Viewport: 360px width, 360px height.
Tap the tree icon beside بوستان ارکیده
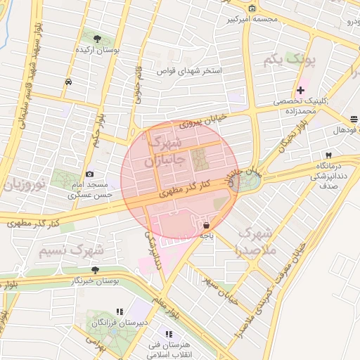pos(97,39)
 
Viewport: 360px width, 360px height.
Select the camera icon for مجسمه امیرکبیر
pos(252,8)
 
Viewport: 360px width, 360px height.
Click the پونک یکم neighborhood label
pos(289,61)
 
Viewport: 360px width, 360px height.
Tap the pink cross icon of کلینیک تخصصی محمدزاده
pos(301,90)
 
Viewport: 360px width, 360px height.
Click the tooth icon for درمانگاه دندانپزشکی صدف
pos(328,155)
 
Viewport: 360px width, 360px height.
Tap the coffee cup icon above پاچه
pos(207,226)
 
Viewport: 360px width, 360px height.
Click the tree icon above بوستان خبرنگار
pos(95,269)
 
